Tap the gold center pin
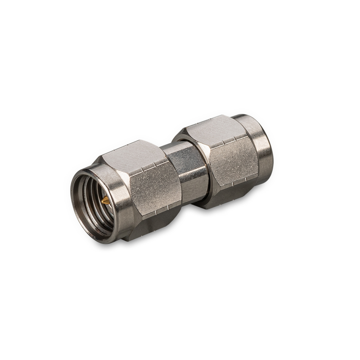[x=104, y=202]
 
